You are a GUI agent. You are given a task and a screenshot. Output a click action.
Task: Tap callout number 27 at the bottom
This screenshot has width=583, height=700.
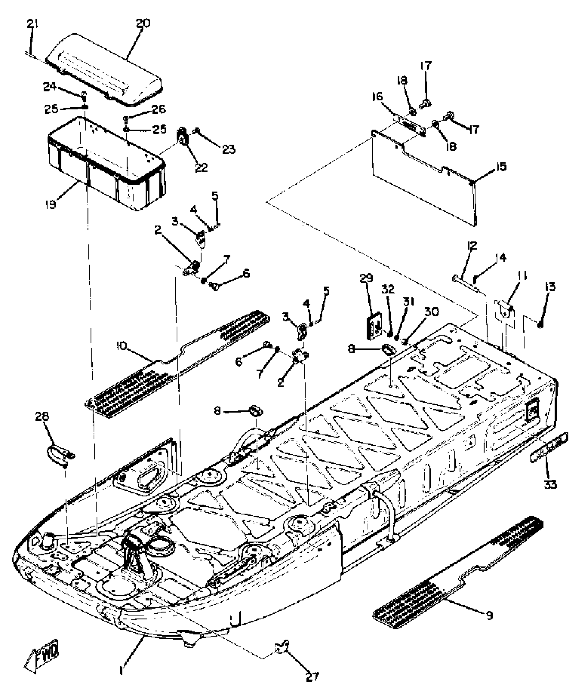(312, 685)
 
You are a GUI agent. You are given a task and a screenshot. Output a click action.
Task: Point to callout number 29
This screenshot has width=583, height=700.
(366, 278)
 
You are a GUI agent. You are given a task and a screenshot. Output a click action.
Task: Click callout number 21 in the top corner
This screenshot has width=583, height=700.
(33, 25)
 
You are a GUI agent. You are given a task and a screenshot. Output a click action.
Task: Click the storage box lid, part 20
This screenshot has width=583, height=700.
(106, 70)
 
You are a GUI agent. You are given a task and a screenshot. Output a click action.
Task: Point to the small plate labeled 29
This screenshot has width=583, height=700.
(374, 328)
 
